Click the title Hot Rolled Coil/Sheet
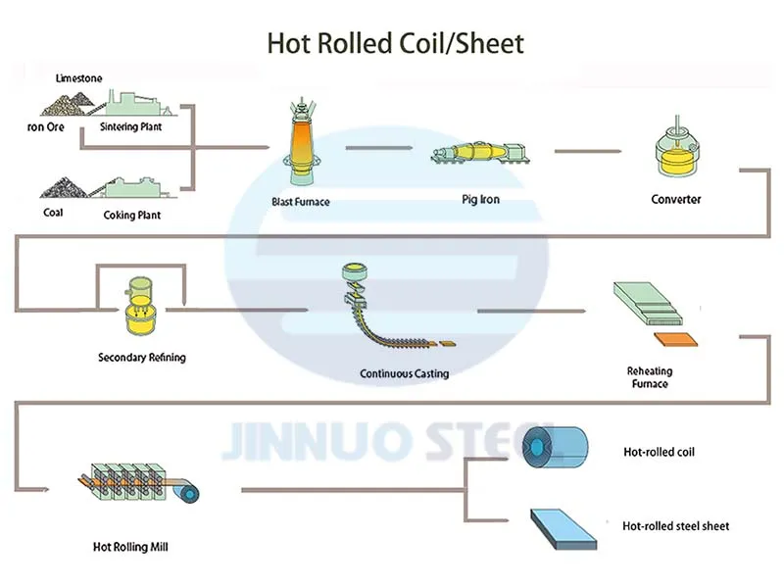pos(395,43)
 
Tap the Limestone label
pos(79,77)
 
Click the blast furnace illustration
pos(301,142)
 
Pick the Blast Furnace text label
pos(301,202)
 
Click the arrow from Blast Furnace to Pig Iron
pos(377,149)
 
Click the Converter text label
pos(676,200)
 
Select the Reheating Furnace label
pos(649,377)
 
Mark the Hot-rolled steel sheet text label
pos(675,526)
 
